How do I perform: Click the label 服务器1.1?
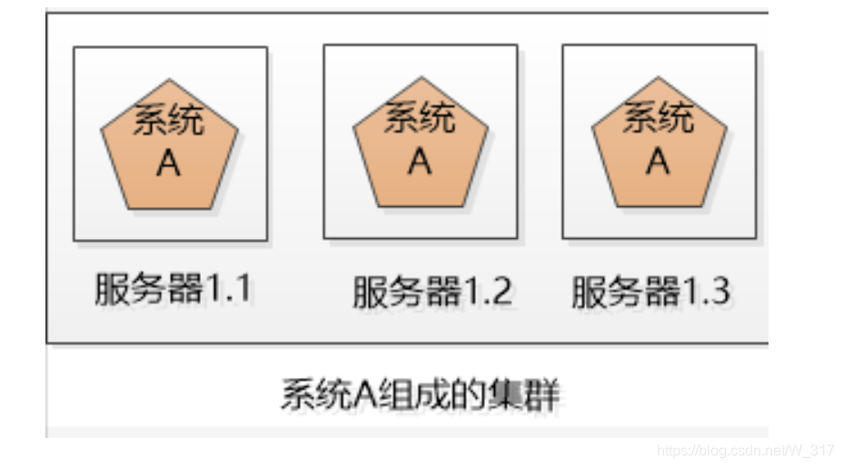click(173, 289)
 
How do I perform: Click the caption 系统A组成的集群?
click(420, 395)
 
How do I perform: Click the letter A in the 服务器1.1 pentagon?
click(168, 164)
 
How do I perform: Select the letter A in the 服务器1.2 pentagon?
click(419, 161)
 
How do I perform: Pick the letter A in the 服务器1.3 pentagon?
click(658, 161)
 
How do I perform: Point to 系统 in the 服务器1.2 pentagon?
click(419, 118)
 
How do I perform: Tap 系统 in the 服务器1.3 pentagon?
click(658, 118)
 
